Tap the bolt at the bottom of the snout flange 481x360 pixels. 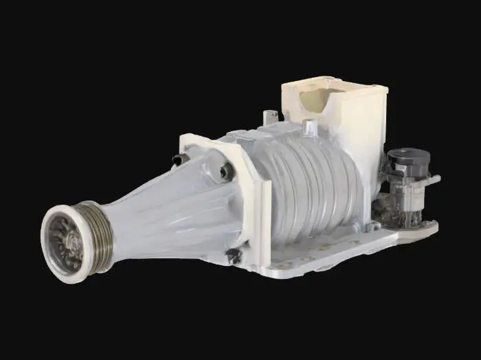pos(234,256)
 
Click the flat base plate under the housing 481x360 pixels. pos(344,251)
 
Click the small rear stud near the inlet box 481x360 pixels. pos(309,126)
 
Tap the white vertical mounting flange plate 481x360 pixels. pos(257,206)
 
